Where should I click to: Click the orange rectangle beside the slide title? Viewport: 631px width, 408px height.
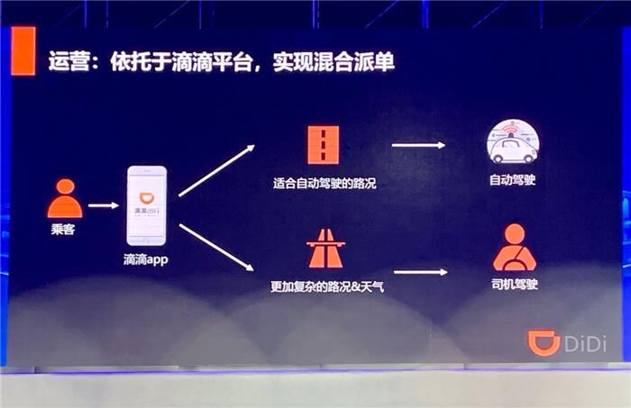(23, 51)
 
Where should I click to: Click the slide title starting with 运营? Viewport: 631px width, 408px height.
(221, 62)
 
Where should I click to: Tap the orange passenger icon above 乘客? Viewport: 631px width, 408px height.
(65, 198)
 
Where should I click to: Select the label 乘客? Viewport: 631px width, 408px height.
(63, 229)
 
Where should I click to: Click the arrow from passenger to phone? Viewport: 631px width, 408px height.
(104, 205)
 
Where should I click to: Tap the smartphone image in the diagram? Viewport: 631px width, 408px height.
(146, 206)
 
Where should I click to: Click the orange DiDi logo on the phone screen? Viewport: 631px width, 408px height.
(146, 198)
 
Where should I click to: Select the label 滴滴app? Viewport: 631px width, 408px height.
(146, 259)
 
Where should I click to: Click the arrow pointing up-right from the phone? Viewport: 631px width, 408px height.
(217, 170)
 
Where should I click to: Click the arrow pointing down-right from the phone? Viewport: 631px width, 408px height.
(216, 247)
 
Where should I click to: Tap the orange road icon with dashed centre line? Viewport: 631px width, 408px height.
(323, 145)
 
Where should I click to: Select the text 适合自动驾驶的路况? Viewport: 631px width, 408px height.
(325, 184)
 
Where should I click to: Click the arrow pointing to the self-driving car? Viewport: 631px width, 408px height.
(418, 145)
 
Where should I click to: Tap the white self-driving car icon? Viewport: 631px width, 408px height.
(513, 141)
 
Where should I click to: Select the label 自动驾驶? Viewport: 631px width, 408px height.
(512, 179)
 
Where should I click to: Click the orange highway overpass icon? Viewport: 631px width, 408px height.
(325, 249)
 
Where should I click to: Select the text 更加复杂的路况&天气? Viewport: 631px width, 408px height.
(327, 286)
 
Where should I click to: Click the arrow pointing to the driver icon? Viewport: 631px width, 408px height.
(421, 272)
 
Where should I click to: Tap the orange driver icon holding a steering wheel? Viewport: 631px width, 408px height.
(515, 247)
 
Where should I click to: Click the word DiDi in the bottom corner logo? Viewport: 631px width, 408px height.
(585, 344)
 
